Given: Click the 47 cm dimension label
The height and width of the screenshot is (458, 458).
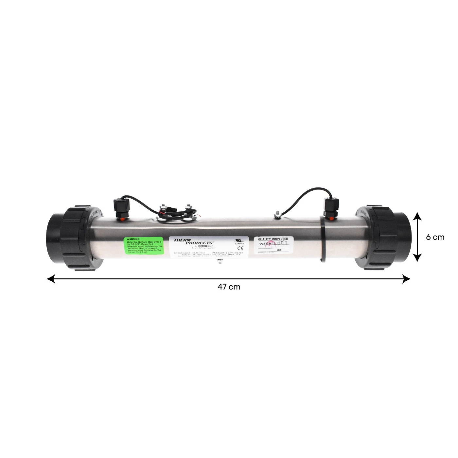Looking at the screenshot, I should (x=229, y=287).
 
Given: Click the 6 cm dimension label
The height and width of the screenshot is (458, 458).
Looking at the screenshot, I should (x=435, y=237).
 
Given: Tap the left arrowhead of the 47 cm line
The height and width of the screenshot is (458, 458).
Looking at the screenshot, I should (x=51, y=279).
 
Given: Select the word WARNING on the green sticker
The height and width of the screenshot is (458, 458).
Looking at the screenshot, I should (x=133, y=239).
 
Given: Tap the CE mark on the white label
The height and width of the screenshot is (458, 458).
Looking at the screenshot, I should (x=238, y=248).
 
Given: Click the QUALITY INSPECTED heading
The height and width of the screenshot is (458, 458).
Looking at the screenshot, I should (x=273, y=239).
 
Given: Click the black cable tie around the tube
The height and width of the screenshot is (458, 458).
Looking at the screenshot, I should (x=323, y=239).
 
